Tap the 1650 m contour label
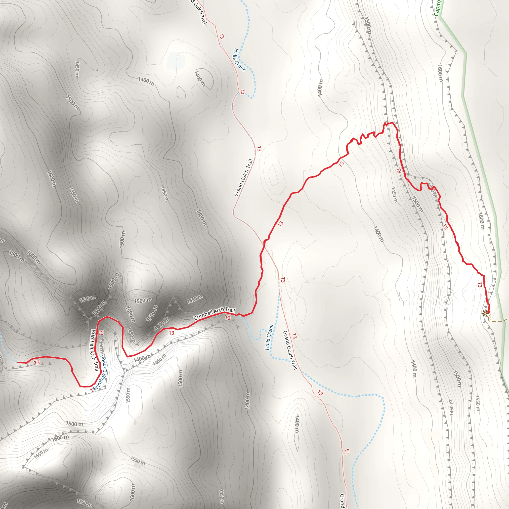(x=41, y=453)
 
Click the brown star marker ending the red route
(x=484, y=313)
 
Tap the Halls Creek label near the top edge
(x=240, y=60)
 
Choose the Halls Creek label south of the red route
(x=269, y=337)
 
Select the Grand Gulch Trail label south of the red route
(x=290, y=350)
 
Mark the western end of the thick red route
(x=18, y=362)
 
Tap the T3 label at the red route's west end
(x=37, y=363)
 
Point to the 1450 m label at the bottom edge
(x=221, y=497)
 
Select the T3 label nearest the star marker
(x=479, y=285)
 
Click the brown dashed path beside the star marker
(x=498, y=321)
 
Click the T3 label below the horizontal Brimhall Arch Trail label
(x=228, y=318)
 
